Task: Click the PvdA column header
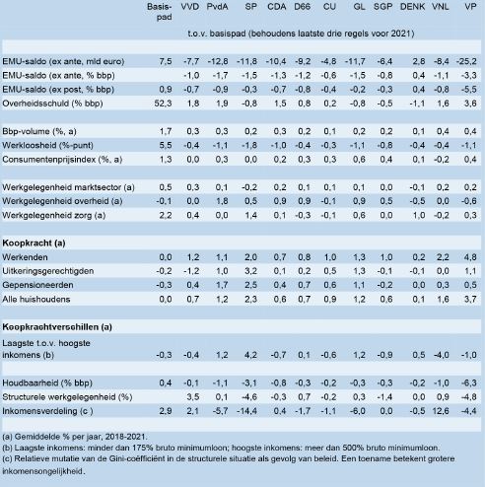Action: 217,7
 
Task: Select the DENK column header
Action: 412,7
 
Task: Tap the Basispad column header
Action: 160,12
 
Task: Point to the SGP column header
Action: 382,7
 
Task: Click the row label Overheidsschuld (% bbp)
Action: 52,104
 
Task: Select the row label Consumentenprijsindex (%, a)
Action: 62,160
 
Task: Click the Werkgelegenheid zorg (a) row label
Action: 54,215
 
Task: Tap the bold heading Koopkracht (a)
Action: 34,243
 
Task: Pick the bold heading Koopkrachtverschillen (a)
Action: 57,327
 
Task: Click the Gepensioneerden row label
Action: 37,285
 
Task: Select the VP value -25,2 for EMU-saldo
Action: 466,61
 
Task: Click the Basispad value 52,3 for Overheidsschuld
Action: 163,104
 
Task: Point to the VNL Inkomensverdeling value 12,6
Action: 441,411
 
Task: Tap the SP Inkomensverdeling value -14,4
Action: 246,411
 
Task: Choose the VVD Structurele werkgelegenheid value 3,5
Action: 193,397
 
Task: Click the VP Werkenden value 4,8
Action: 470,257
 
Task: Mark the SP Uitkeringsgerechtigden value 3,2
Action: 250,271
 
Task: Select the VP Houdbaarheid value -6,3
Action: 469,383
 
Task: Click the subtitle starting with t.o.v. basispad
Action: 301,34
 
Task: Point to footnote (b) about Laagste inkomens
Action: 221,448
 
